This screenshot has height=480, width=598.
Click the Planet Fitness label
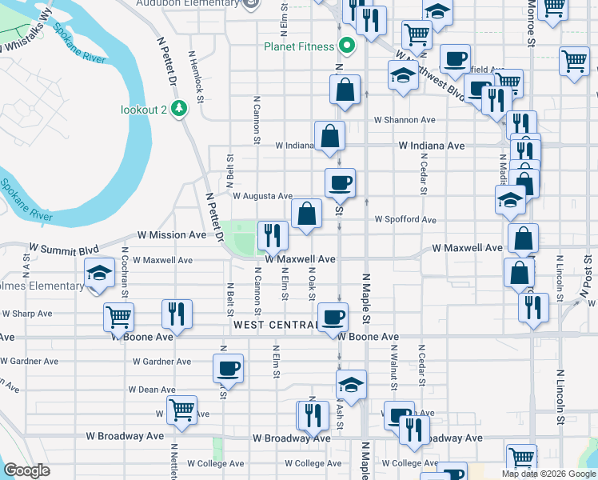[x=299, y=46]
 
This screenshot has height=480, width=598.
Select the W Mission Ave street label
[x=172, y=235]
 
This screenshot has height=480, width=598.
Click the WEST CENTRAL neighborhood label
[x=275, y=325]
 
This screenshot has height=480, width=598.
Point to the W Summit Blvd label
[x=63, y=249]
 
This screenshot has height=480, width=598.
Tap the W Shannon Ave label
[x=405, y=120]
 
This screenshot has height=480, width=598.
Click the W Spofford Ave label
[x=405, y=219]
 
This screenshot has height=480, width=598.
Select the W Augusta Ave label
[x=262, y=195]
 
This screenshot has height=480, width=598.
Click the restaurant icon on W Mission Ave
[x=273, y=235]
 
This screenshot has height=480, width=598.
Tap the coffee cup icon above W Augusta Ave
[x=340, y=183]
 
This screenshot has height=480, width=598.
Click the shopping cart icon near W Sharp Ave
[x=118, y=318]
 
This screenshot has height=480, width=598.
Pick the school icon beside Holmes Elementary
[x=99, y=273]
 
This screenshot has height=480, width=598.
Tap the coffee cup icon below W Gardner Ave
[x=228, y=369]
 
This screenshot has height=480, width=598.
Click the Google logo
[x=26, y=470]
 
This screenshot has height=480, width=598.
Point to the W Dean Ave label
[x=152, y=390]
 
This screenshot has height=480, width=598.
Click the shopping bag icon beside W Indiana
[x=329, y=137]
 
